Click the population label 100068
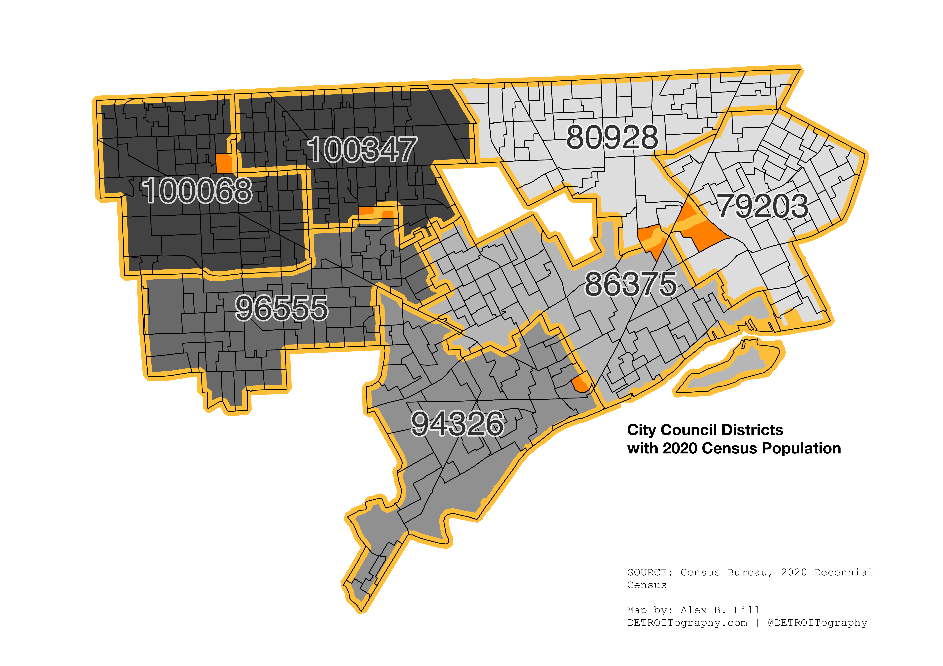197,190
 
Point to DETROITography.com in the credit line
687,623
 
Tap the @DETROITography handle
817,623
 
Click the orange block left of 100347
224,163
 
